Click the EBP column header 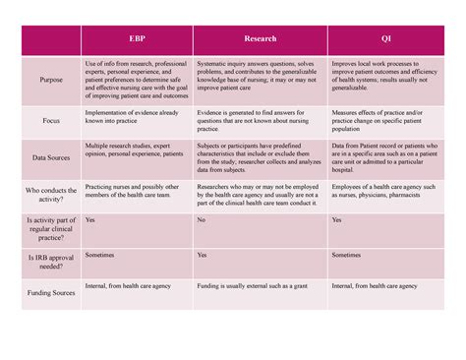[137, 39]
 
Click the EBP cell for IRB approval [137, 263]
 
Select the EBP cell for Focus [137, 122]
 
